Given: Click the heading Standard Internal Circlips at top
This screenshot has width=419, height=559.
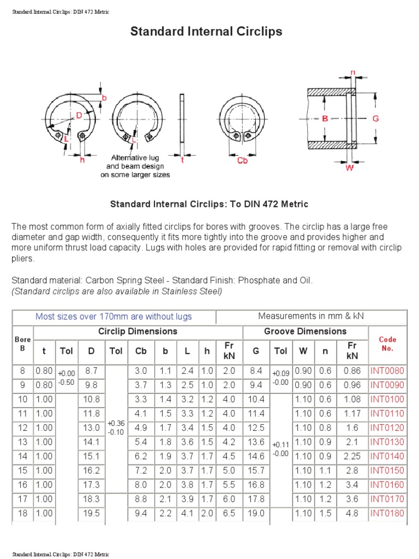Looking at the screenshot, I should pos(206,32).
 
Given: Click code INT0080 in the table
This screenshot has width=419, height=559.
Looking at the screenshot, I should pos(387,371).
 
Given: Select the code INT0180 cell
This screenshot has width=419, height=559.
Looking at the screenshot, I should pos(387,513).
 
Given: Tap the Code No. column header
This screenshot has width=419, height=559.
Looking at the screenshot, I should pos(387,344).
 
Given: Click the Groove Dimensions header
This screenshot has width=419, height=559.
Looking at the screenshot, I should pos(305,331).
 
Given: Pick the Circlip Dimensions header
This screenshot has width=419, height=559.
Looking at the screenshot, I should pos(137,331).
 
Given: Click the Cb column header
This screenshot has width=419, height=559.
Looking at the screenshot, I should pos(141,351).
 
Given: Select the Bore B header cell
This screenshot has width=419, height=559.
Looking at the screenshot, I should pos(22,344).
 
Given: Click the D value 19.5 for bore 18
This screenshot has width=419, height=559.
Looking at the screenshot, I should pos(92,513).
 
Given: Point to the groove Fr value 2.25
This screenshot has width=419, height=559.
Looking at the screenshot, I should pos(352,456).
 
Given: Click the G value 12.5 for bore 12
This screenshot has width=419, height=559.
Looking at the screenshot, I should pos(256,428).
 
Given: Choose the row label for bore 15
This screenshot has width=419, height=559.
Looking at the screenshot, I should pos(22,471).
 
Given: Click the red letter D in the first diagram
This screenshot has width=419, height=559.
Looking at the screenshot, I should pos(79,115).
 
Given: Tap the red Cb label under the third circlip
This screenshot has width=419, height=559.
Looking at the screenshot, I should pos(243,160).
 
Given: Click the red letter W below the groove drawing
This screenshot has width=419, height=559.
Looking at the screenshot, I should pos(350,168).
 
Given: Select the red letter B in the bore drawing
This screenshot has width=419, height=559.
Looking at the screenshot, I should pos(325,118).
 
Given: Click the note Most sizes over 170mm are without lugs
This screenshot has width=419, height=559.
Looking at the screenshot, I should pos(113,317).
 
